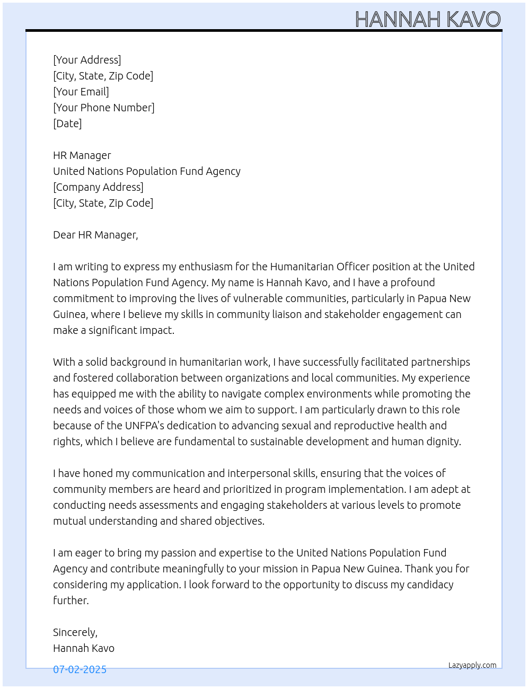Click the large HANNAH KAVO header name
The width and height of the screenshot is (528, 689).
coord(427,20)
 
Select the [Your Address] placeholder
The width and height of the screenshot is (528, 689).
coord(87,60)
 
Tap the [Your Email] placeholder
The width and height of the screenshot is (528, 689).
coord(81,92)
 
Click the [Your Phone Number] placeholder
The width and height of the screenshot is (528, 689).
coord(104,108)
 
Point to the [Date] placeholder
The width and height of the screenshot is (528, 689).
coord(67,123)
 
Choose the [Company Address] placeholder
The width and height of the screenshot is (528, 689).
coord(98,187)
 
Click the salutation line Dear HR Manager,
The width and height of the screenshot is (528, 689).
coord(95,235)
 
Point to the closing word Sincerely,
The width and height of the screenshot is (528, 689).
coord(75,632)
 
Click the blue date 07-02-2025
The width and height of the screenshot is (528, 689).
coord(80,669)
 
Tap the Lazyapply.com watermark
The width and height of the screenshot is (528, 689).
coord(472,665)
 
